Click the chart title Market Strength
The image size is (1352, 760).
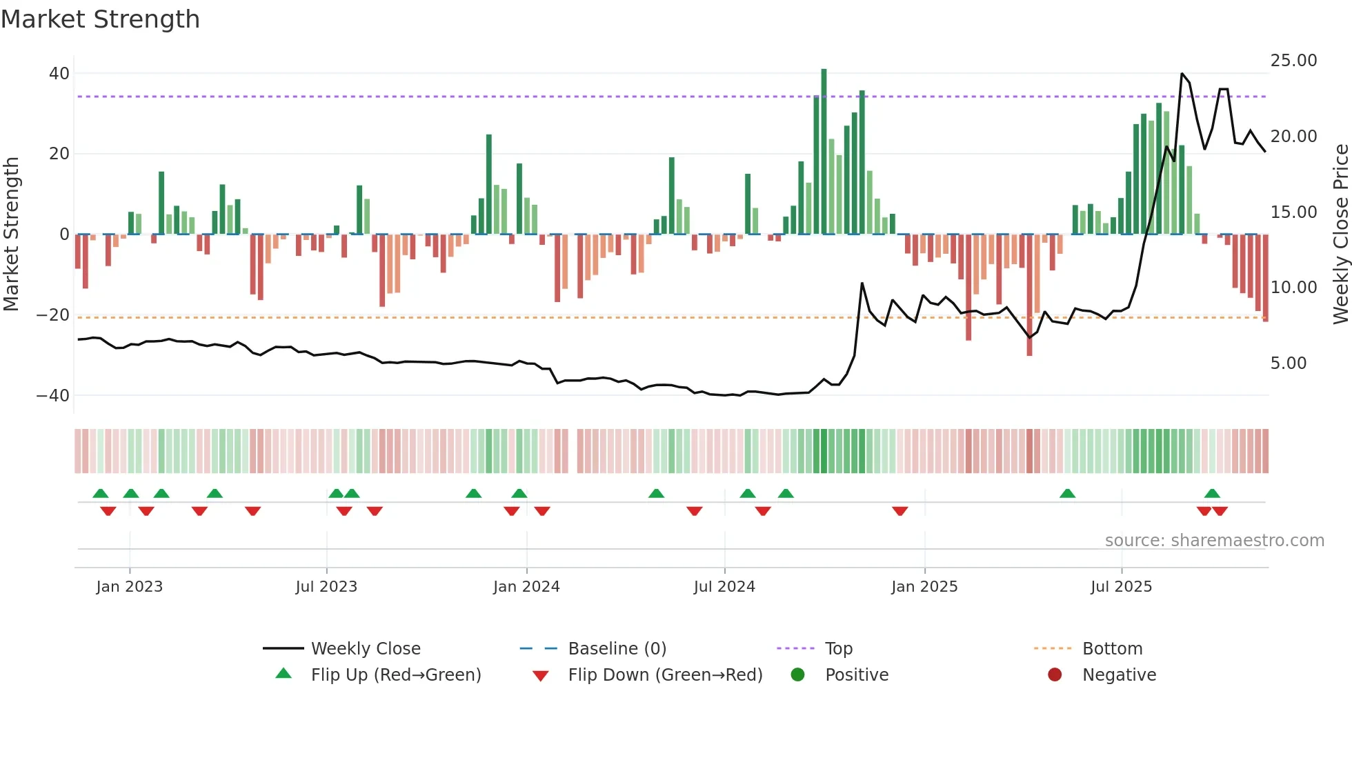point(100,19)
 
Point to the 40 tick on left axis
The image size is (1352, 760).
point(59,73)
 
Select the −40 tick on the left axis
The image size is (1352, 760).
point(53,396)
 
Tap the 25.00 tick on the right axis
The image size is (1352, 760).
point(1293,61)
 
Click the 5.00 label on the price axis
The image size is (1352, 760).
point(1288,363)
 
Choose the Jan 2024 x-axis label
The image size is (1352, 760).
point(526,587)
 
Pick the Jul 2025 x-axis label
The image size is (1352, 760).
point(1121,587)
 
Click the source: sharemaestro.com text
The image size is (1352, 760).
point(1214,541)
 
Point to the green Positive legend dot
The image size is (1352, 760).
point(798,675)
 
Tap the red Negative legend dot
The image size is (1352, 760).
point(1055,675)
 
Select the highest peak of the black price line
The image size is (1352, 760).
point(1182,74)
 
